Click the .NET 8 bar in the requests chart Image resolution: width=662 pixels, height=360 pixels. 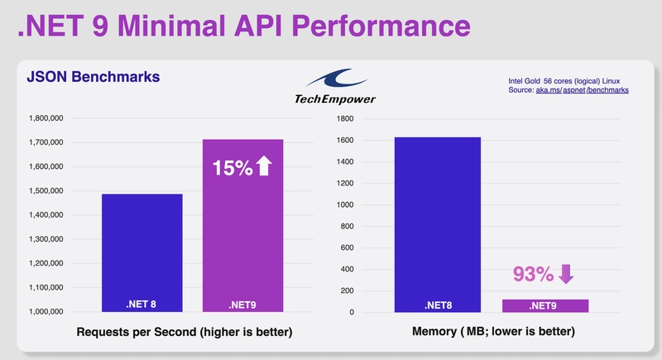coord(142,252)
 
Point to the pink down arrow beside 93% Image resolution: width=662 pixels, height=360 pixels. coord(566,272)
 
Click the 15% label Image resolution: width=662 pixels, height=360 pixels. coord(231,167)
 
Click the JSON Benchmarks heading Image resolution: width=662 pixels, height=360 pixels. coord(93,77)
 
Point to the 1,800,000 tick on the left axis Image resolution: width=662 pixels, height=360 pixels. coord(48,118)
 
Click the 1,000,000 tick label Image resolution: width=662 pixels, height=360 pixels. coord(48,312)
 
